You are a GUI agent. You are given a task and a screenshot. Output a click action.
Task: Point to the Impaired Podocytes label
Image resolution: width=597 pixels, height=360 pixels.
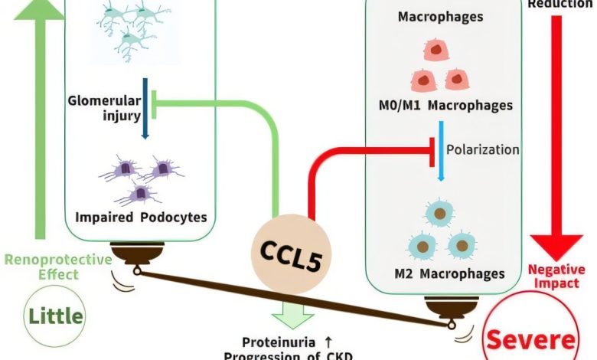coord(142,217)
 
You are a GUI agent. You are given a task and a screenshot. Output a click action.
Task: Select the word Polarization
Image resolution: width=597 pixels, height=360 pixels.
coord(483,149)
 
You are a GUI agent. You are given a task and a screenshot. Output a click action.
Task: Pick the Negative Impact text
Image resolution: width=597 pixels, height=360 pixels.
coord(556,277)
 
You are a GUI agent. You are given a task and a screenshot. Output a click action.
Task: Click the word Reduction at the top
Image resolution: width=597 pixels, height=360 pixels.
coord(557,4)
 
